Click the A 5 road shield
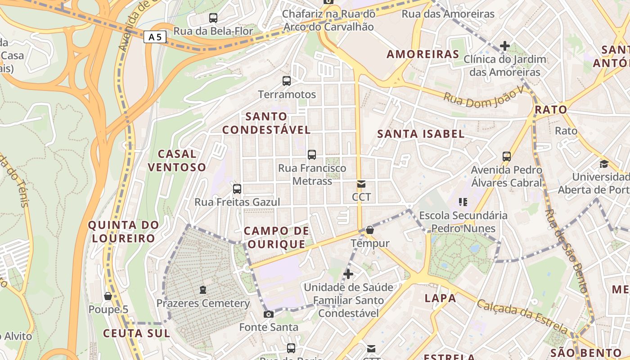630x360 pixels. point(155,37)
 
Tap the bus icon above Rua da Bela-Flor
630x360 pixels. point(213,18)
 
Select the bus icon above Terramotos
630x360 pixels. point(287,81)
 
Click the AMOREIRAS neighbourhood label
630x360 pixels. point(423,54)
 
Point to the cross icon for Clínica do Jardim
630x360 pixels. point(505,46)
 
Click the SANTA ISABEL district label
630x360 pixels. point(421,134)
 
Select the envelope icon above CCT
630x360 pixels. point(361,184)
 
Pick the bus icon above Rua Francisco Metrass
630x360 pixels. point(312,155)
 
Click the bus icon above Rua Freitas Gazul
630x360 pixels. point(237,189)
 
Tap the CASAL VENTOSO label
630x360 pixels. point(177,161)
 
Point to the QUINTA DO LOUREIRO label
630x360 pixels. point(124,231)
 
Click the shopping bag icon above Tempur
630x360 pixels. point(370,230)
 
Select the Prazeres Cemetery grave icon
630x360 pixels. point(203,289)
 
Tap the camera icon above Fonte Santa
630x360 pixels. point(269,314)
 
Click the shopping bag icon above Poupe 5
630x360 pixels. point(108,296)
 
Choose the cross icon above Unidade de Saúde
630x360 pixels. point(348,274)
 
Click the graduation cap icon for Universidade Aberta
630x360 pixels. point(604,164)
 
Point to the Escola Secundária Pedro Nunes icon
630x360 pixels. point(463,202)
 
